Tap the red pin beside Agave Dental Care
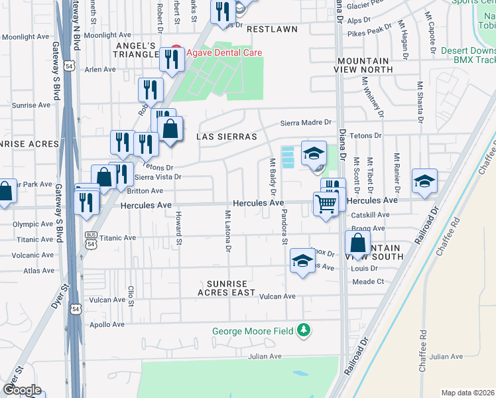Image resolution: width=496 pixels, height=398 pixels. pos(176,52)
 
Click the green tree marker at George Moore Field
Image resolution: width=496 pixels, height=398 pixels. pos(304,330)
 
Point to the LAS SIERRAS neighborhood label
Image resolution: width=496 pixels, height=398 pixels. pos(226,137)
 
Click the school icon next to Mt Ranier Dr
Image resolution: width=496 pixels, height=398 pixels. pos(424,181)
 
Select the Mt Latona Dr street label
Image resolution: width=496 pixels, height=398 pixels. pos(227,232)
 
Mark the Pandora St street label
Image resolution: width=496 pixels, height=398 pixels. pos(283,229)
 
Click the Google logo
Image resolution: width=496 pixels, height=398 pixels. pos(22,390)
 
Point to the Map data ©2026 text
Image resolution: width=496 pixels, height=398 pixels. pos(467,393)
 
